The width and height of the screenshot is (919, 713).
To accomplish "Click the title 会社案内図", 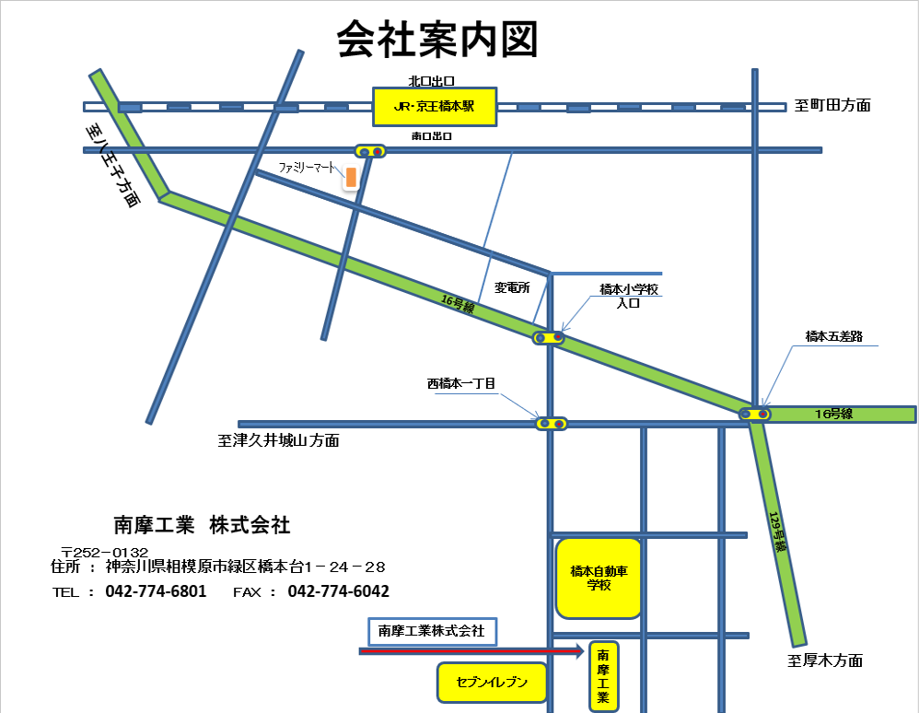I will coord(436,41).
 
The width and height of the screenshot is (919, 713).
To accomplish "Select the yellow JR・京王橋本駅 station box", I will coord(435,107).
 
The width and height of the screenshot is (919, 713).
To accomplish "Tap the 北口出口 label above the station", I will coord(432,81).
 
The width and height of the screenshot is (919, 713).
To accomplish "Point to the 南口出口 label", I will coord(432,135).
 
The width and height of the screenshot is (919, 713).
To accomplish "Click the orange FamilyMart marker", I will coord(351,178).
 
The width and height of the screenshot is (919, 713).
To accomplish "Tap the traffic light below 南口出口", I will coord(371,151).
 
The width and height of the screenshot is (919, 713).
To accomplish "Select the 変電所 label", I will coord(512,287).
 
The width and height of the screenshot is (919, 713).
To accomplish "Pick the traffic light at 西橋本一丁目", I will coord(552,424).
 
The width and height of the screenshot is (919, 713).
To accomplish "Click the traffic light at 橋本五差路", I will coord(757,415).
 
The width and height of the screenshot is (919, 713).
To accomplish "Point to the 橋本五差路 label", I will coord(833,336).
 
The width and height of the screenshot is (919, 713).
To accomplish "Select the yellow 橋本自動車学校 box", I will coord(599,578).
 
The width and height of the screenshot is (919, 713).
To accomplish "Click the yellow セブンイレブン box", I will coord(493,683).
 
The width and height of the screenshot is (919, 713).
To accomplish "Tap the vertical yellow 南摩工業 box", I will coord(603,676).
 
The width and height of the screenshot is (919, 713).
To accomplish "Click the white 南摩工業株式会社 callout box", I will coord(432,631).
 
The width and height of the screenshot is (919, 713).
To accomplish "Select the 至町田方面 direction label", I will coord(832,105).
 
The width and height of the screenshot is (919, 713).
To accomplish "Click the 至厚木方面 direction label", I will coord(825,660).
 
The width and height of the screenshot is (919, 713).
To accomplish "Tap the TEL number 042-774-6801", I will coord(156,591).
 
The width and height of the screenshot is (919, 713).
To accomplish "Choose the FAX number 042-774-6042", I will coord(338,591).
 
